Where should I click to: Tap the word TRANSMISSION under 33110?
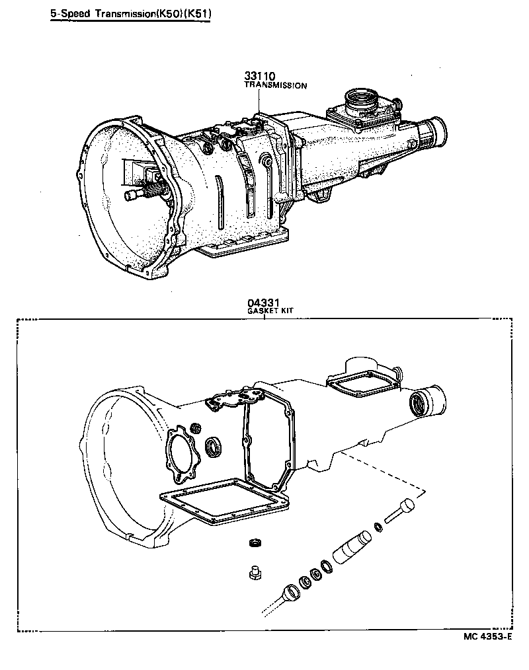pyautogui.click(x=276, y=86)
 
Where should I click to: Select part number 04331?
pyautogui.click(x=261, y=303)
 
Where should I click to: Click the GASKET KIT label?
pyautogui.click(x=270, y=311)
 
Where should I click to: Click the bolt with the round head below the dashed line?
pyautogui.click(x=399, y=511)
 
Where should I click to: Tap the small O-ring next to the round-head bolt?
pyautogui.click(x=378, y=527)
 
